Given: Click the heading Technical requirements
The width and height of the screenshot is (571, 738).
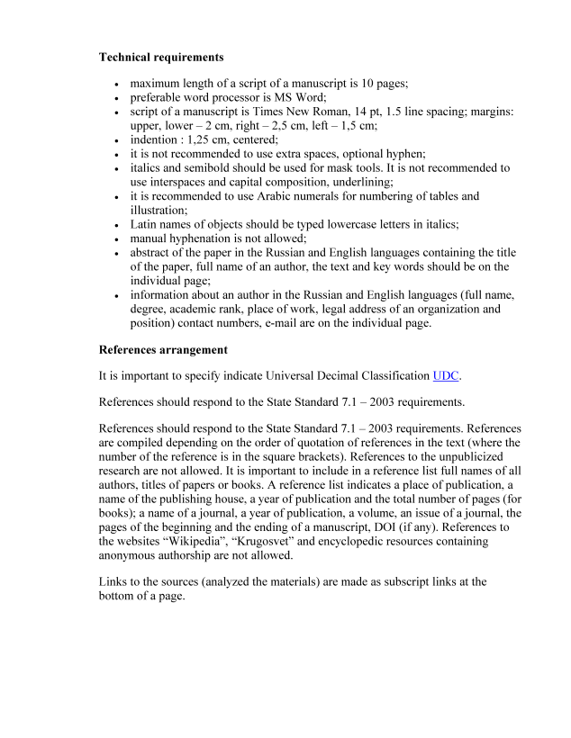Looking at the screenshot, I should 161,57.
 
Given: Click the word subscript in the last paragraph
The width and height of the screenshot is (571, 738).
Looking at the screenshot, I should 374,581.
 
